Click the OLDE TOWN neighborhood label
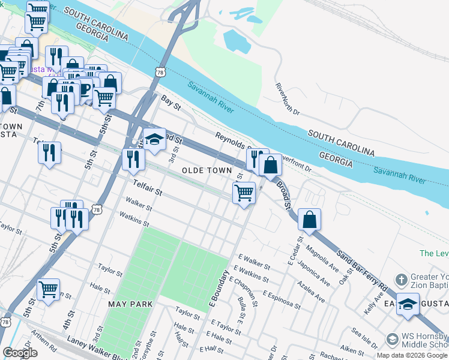(x=206, y=171)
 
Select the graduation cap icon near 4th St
(x=154, y=140)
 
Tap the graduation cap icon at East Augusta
(x=408, y=304)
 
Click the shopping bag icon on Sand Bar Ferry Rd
(x=309, y=220)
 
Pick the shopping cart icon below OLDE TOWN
(x=244, y=193)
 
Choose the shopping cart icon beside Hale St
(x=49, y=289)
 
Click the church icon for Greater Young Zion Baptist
(x=401, y=280)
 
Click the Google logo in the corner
(x=20, y=353)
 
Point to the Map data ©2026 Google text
(x=411, y=355)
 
